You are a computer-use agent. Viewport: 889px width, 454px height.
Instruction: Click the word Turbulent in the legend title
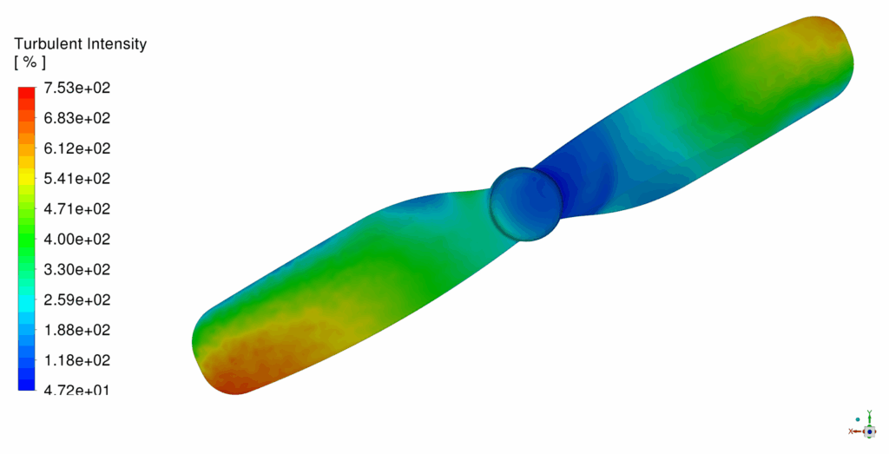pos(48,43)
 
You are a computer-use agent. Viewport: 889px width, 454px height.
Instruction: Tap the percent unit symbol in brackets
pos(30,63)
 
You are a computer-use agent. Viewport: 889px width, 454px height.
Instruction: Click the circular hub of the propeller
pos(524,203)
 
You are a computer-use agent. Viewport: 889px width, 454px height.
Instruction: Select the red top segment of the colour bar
pos(26,95)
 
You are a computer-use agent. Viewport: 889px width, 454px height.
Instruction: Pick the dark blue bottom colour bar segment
pos(26,381)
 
